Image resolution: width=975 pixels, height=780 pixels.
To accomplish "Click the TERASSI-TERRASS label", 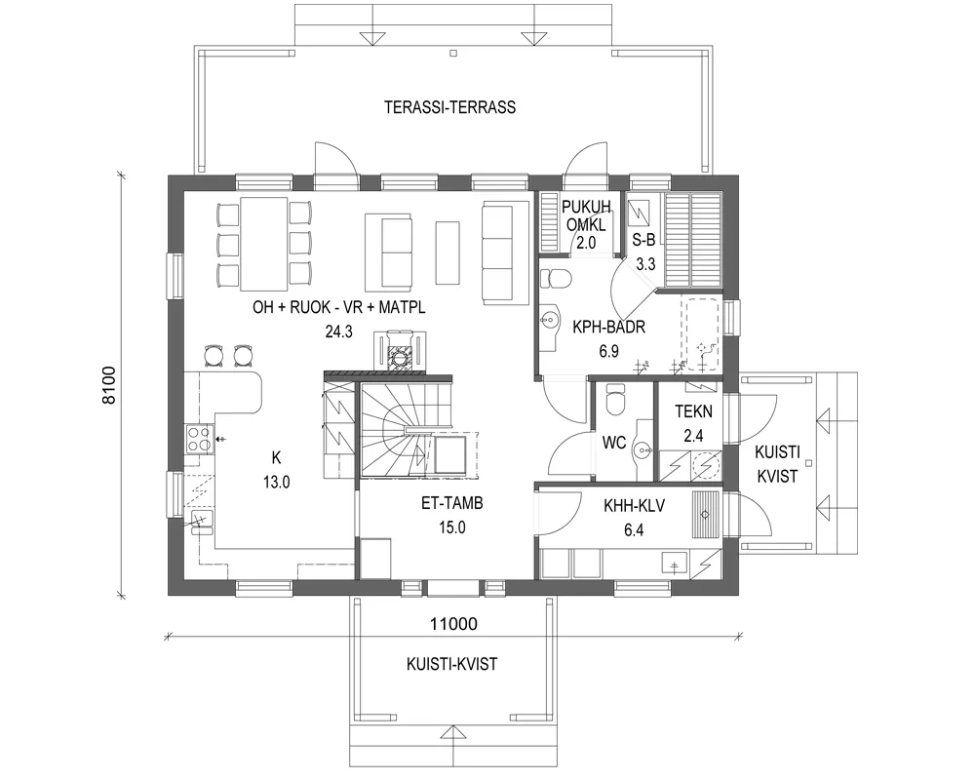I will pyautogui.click(x=449, y=107).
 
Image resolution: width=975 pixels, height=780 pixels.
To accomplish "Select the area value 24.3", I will pyautogui.click(x=338, y=331).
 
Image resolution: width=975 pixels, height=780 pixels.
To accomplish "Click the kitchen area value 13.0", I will pyautogui.click(x=276, y=481).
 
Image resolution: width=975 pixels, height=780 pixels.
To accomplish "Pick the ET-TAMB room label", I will pyautogui.click(x=452, y=504).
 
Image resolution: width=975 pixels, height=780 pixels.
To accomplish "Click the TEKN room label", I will pyautogui.click(x=693, y=410).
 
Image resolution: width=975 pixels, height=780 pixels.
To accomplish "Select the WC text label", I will pyautogui.click(x=613, y=443).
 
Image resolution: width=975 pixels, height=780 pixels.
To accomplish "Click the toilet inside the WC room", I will pyautogui.click(x=614, y=400).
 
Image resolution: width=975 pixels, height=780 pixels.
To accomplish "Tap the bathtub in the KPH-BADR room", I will pyautogui.click(x=701, y=334).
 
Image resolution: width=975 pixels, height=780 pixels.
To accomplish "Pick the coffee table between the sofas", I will pyautogui.click(x=447, y=250).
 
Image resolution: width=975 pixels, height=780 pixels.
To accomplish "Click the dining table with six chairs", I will pyautogui.click(x=263, y=243).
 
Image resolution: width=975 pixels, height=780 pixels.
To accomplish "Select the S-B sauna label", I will pyautogui.click(x=644, y=239).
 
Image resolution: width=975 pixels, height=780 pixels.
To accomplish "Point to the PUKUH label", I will pyautogui.click(x=587, y=206).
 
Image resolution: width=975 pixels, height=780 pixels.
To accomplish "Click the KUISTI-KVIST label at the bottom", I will pyautogui.click(x=451, y=664).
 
